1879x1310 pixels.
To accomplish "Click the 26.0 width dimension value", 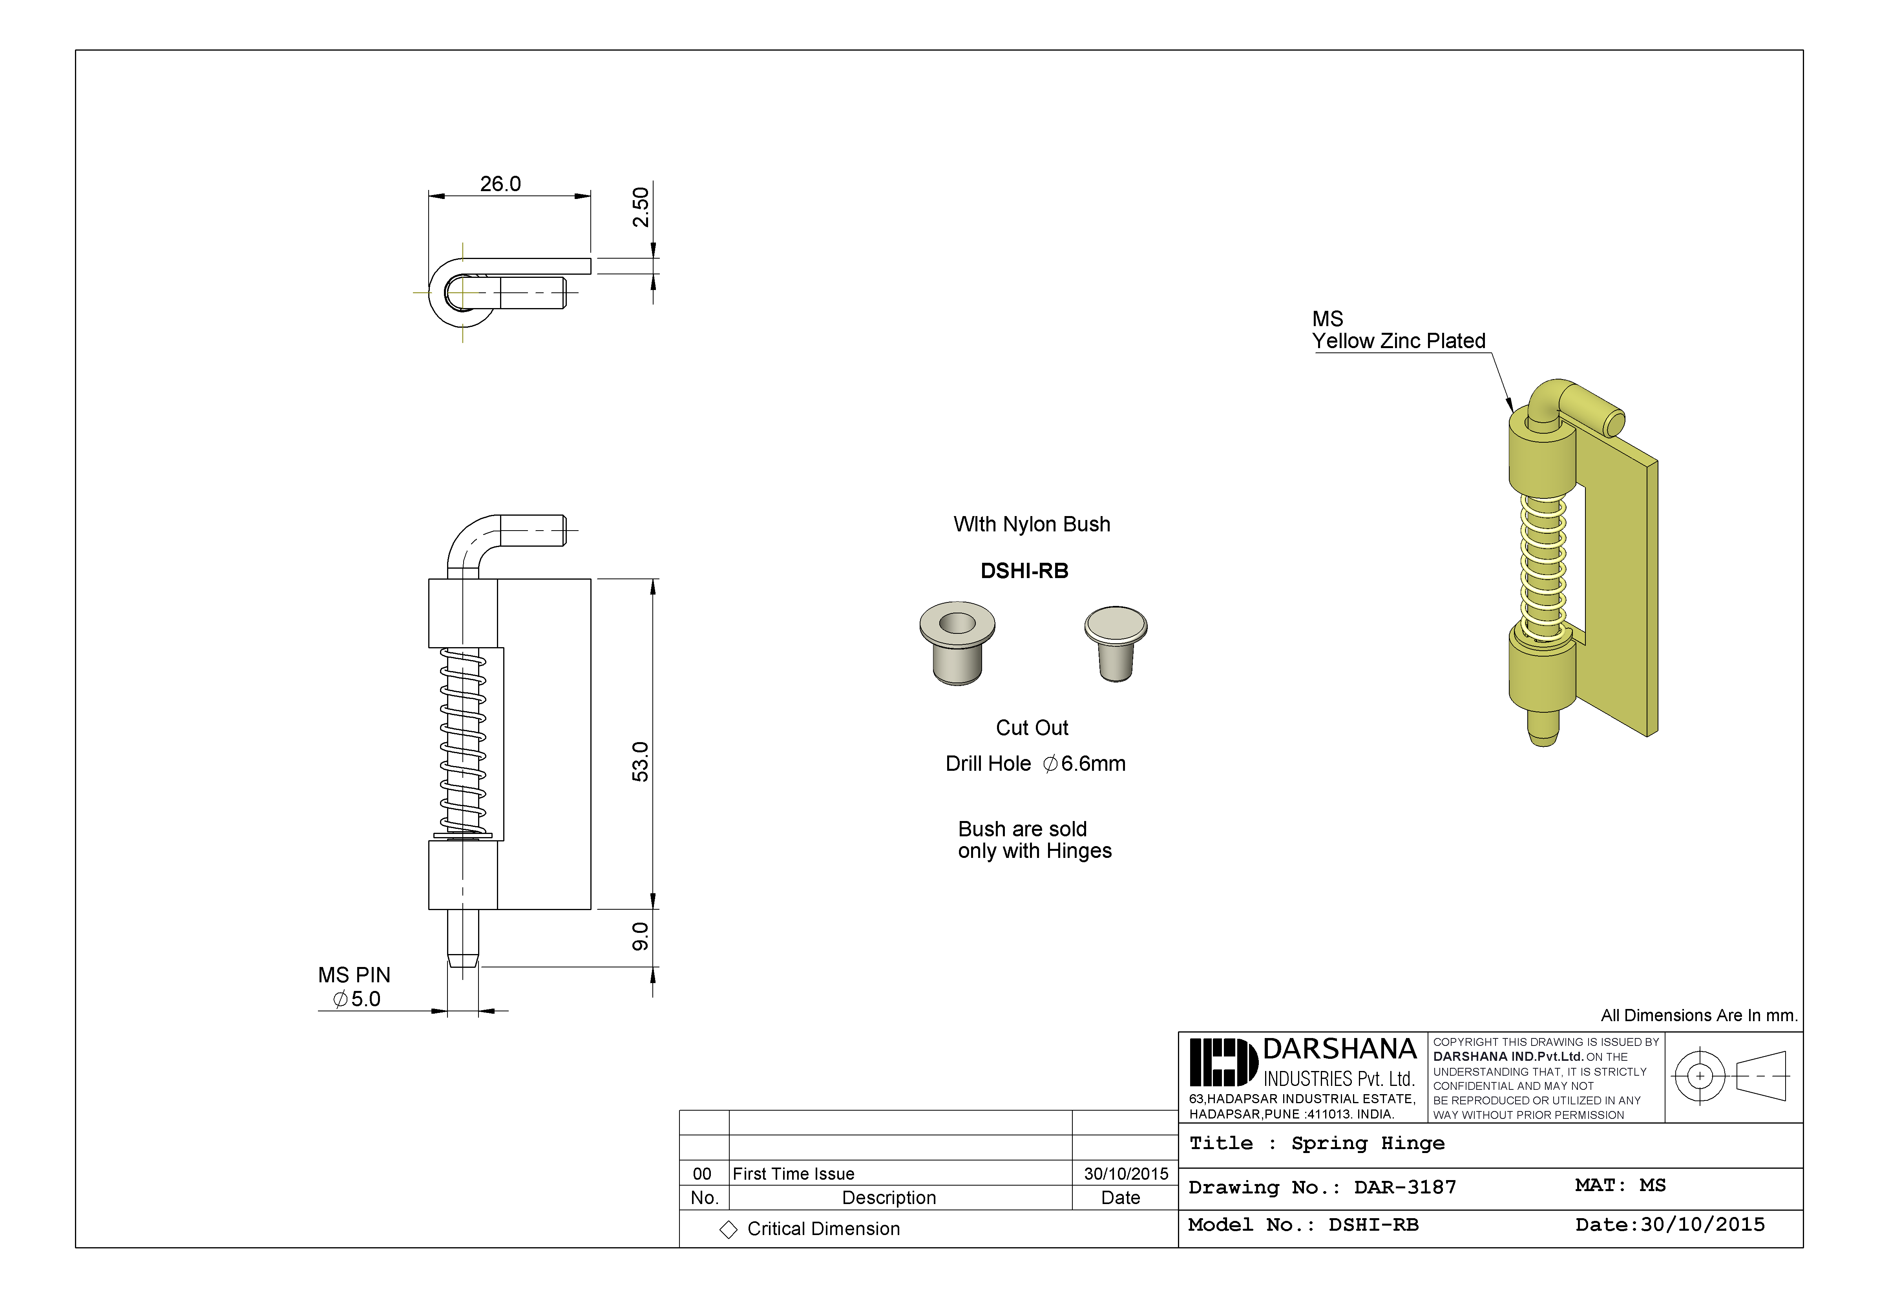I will pos(500,184).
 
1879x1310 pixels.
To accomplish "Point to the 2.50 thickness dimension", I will pos(641,207).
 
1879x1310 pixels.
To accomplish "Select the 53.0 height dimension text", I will pos(641,762).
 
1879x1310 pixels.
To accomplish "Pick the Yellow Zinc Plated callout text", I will pos(1399,341).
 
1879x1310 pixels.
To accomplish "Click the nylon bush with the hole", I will pos(957,642).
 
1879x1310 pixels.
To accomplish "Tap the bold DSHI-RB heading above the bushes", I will pos(1024,571).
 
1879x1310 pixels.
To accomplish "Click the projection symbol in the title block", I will pos(1732,1076).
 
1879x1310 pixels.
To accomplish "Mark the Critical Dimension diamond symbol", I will pos(728,1230).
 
